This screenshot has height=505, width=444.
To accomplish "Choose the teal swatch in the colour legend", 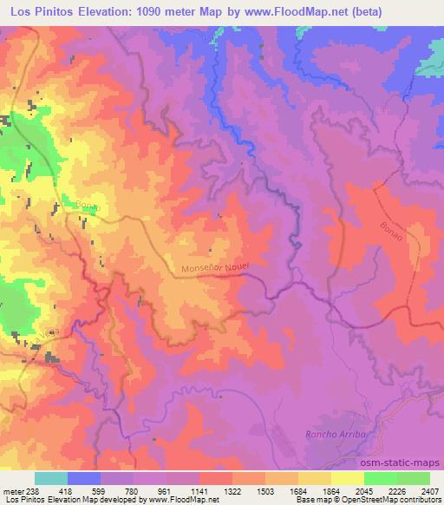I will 51,478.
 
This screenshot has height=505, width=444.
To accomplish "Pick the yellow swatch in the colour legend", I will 348,478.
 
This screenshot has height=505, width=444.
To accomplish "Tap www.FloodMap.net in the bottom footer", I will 187,501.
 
